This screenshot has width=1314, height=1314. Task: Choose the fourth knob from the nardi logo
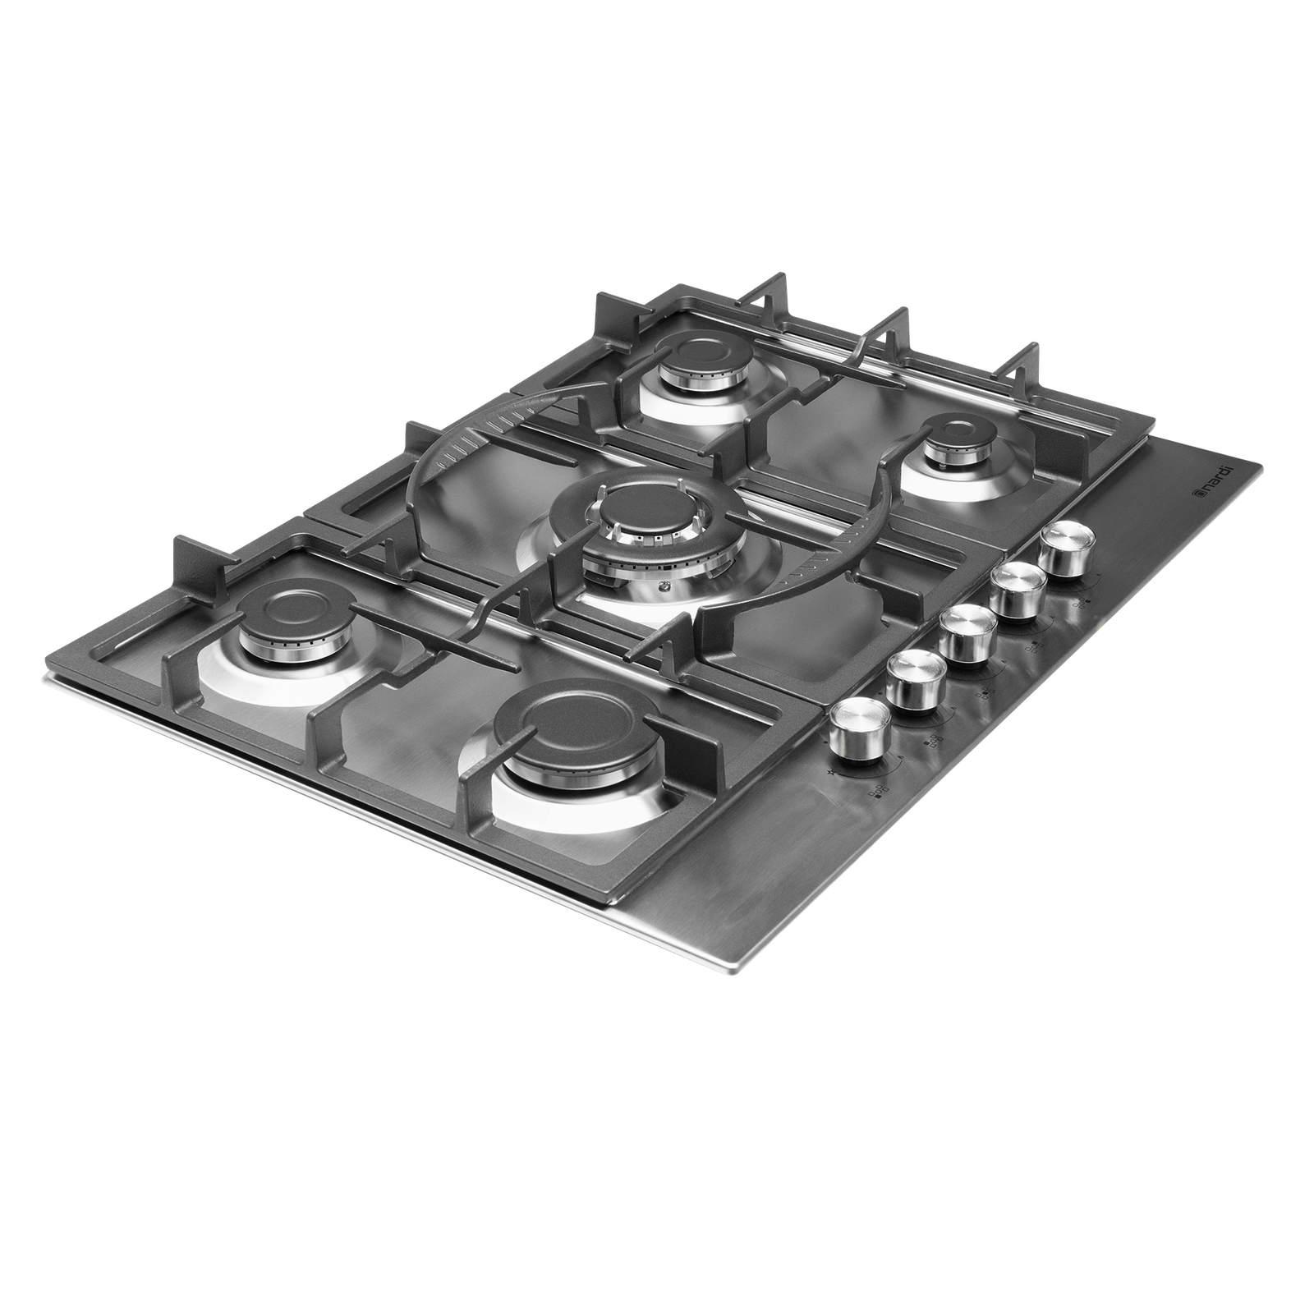pos(914,681)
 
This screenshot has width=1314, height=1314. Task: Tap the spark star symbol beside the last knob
pos(834,774)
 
